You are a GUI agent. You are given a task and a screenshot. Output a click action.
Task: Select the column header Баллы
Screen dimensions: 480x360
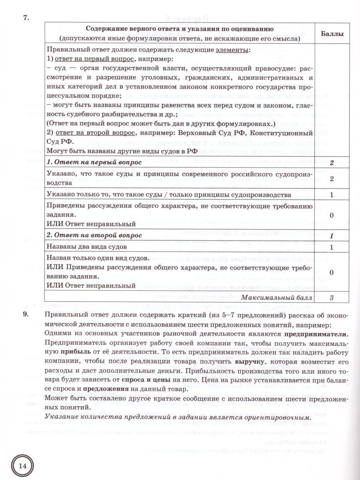(x=332, y=34)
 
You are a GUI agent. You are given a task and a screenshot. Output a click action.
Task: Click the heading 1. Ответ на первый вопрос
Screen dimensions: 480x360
(x=94, y=162)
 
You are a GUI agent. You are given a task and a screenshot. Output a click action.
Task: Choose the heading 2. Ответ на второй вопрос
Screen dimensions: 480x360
(x=94, y=235)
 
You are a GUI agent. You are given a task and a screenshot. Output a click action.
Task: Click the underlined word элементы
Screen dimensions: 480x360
(x=233, y=50)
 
